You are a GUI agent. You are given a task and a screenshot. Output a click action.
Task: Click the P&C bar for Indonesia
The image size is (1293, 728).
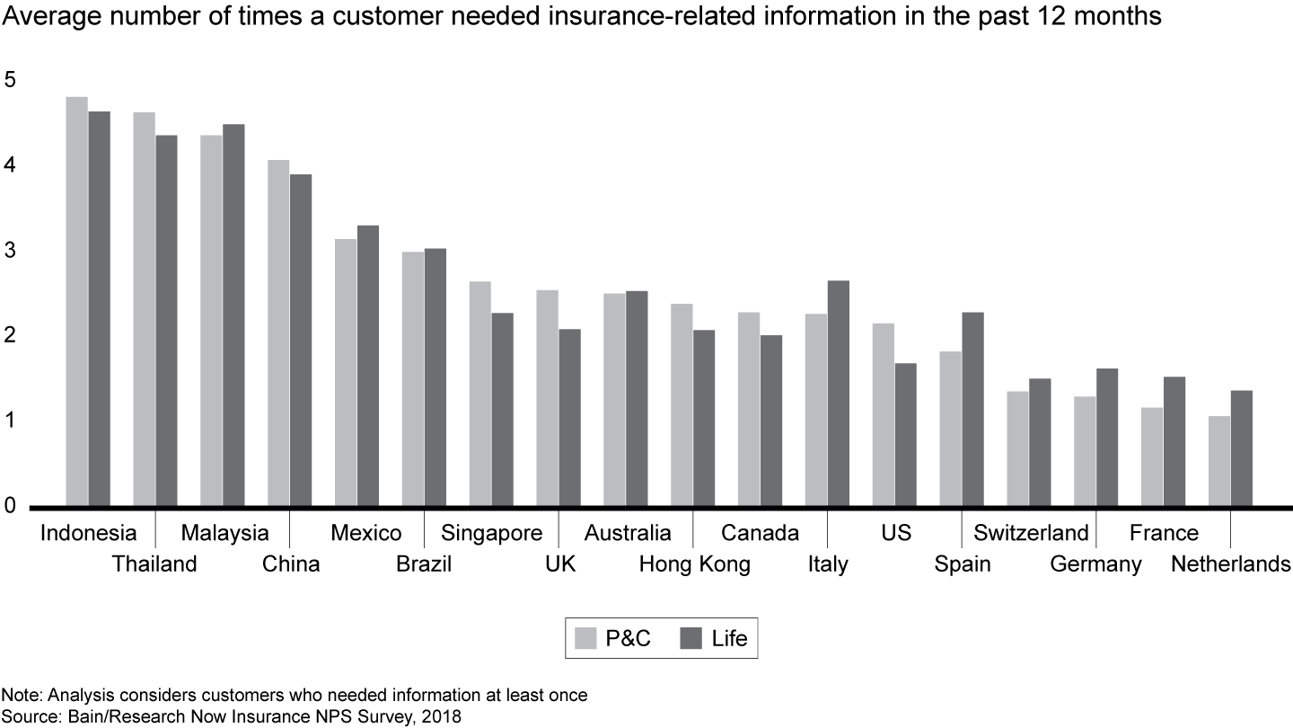[76, 301]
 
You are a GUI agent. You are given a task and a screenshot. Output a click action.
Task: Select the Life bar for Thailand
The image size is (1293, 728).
[166, 321]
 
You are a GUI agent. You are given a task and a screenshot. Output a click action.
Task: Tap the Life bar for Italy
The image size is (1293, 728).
[838, 394]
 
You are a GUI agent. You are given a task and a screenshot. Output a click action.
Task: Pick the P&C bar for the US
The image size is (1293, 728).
[883, 414]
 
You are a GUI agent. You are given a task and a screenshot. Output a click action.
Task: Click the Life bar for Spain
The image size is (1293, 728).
[972, 409]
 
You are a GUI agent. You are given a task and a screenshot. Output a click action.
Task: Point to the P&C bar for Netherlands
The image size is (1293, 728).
[1218, 461]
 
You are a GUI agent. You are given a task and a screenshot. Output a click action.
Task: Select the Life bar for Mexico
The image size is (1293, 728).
[367, 366]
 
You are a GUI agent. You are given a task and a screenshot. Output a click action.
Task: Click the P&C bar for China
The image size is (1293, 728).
[278, 333]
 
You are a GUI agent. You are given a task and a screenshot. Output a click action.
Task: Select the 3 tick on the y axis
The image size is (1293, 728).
[11, 251]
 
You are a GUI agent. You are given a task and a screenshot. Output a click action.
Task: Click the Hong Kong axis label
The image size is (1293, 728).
[694, 564]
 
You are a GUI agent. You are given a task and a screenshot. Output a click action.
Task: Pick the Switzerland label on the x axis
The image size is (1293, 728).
[1031, 533]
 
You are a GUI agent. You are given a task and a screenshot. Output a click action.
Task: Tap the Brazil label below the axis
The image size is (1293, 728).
[424, 564]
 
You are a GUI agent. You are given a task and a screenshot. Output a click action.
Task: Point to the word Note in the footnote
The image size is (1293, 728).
[16, 696]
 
